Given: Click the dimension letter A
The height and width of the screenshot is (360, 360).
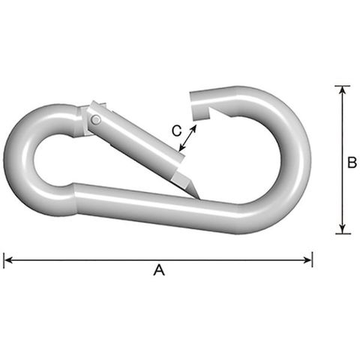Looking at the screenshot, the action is point(159,270).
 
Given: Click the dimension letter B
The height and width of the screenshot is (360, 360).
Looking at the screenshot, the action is point(352,163).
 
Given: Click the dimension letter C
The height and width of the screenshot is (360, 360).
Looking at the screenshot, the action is point(177,130).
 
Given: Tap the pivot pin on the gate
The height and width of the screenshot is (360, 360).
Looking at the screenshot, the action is point(96,119).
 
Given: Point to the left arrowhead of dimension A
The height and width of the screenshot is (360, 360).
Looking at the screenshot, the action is point(8,260).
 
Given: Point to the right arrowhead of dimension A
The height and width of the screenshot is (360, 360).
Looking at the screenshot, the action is point(307,260).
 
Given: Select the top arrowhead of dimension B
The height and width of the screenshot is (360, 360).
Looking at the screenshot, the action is point(343,90).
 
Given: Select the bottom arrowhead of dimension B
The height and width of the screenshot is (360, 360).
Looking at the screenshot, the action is point(343,229).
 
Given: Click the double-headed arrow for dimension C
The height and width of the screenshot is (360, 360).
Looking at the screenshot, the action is point(187,138).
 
